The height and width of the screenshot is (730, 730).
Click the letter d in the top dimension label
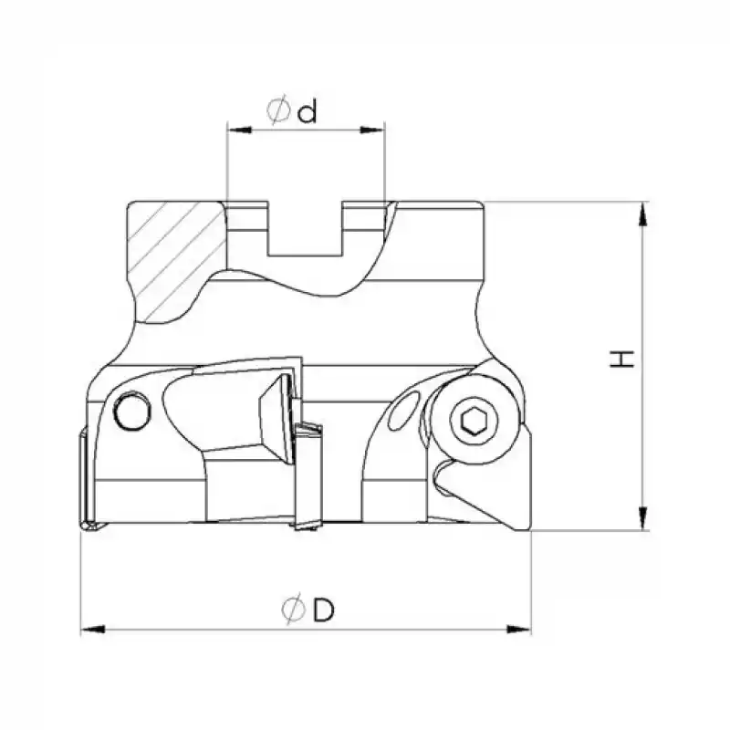[307, 111]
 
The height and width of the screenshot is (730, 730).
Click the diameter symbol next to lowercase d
[278, 111]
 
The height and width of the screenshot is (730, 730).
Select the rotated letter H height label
[622, 359]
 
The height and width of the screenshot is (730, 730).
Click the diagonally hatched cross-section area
[173, 260]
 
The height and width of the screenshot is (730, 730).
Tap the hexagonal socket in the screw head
[473, 421]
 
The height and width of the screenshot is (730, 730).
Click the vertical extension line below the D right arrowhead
[530, 584]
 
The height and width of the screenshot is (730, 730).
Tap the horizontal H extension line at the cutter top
[566, 201]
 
